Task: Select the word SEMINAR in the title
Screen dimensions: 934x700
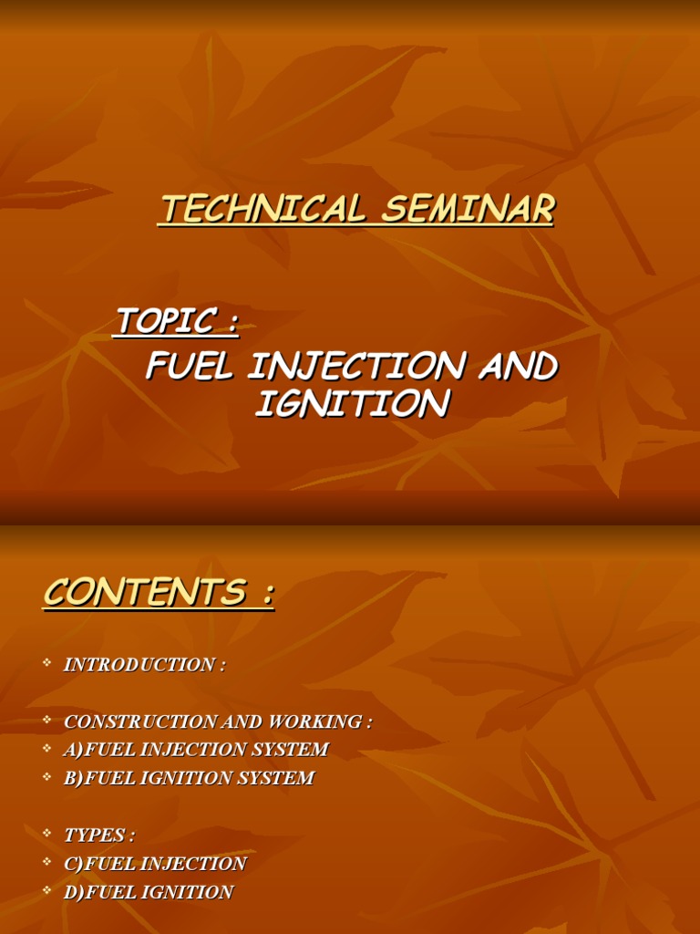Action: coord(468,210)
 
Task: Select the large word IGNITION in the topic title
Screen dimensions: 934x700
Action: coord(352,403)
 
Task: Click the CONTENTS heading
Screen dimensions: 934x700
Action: coord(146,593)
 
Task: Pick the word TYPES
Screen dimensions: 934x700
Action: coord(95,835)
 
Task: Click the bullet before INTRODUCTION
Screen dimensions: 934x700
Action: coord(46,664)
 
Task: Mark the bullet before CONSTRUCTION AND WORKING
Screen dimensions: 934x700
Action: coord(46,721)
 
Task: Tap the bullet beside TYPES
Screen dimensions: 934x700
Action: coord(46,834)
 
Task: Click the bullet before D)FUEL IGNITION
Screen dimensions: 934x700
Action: coord(46,891)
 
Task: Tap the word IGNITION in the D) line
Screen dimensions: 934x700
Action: coord(188,892)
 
